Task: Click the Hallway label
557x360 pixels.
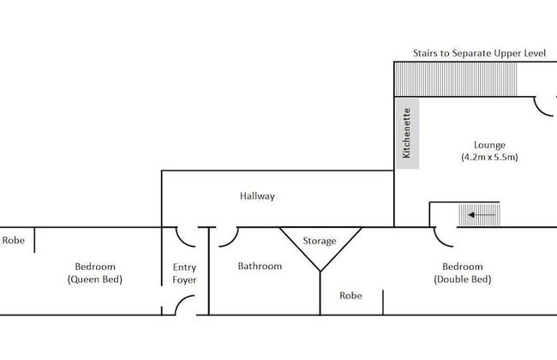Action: [257, 196]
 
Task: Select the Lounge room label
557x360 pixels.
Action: [489, 145]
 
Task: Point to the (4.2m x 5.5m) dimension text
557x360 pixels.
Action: [489, 158]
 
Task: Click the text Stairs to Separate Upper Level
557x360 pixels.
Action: [479, 53]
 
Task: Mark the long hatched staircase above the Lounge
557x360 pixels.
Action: [456, 79]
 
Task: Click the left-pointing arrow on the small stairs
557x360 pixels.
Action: [478, 213]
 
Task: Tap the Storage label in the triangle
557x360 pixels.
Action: [320, 241]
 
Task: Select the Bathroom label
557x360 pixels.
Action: [260, 266]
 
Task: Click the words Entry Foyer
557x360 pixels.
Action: [184, 273]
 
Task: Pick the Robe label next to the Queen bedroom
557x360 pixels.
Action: [13, 241]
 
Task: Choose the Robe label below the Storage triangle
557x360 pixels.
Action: [350, 296]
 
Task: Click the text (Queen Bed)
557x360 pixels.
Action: [94, 279]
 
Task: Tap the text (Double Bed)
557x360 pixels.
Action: [463, 279]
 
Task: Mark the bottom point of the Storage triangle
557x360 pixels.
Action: [320, 272]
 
